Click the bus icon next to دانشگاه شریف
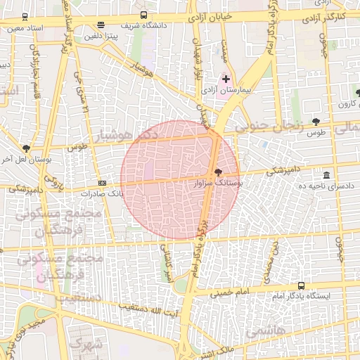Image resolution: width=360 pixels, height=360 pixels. (143, 15)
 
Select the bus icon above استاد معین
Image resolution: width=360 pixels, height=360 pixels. (25, 16)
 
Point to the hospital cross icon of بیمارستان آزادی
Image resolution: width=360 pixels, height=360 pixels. (225, 79)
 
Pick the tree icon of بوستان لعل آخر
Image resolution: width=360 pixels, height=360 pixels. (26, 148)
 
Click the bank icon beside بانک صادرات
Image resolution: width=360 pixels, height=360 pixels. (103, 182)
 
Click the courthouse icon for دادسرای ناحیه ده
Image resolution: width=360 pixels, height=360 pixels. (326, 175)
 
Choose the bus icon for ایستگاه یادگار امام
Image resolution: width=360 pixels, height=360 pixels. (302, 285)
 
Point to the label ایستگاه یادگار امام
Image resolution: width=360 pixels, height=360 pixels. (309, 296)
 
